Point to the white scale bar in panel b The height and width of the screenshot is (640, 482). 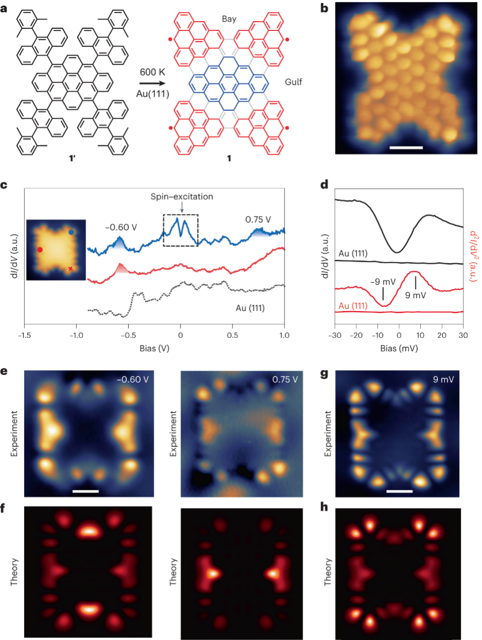tap(406, 147)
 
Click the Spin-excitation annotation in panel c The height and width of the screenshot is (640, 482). tap(181, 196)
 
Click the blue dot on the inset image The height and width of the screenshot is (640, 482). tap(71, 233)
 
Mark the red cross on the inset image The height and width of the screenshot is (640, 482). tap(71, 269)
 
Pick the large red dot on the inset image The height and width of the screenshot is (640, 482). tap(40, 250)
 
